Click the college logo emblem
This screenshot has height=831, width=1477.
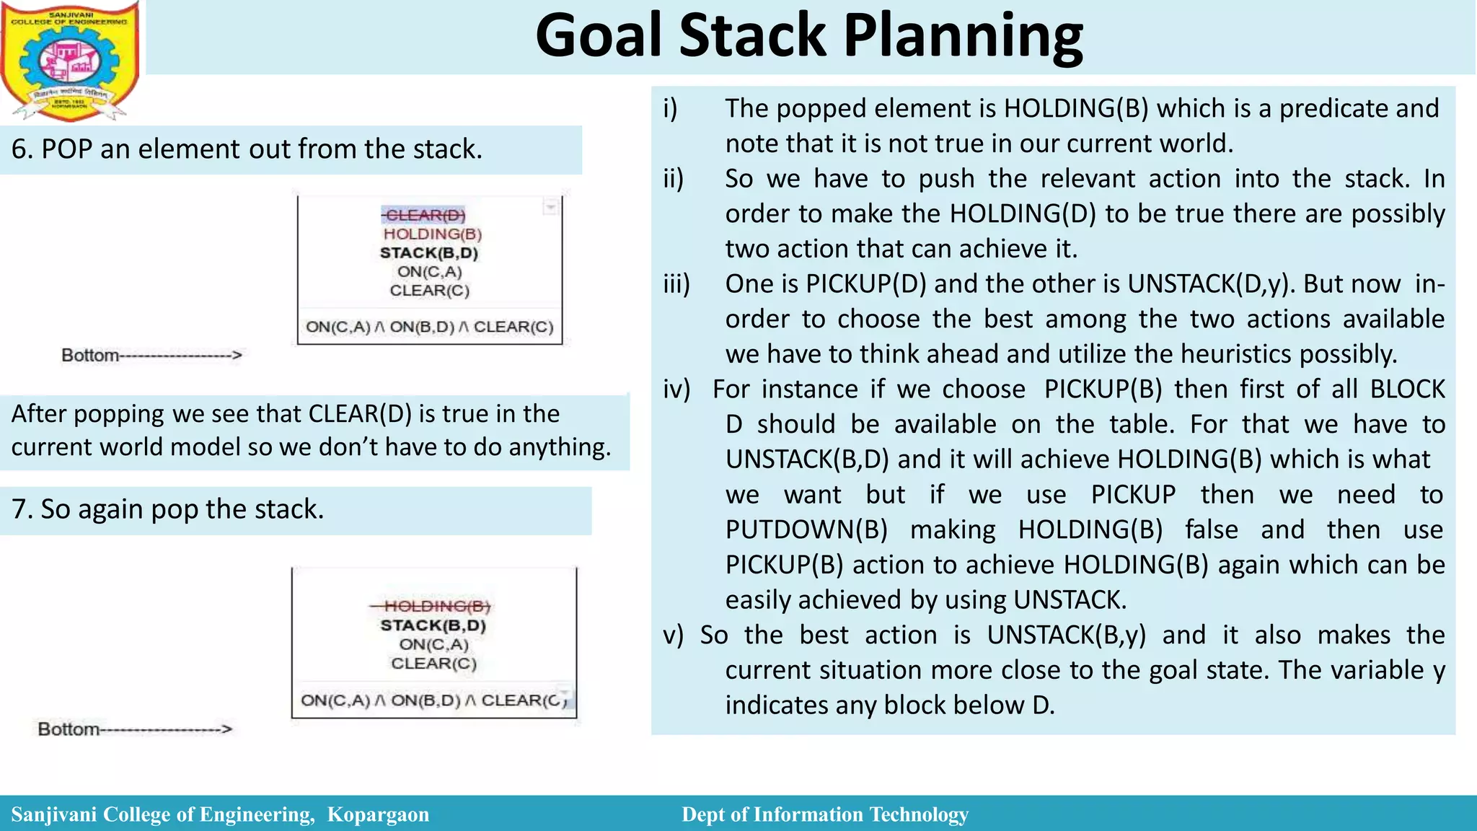[x=71, y=61]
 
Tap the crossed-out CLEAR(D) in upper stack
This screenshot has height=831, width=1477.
[x=424, y=215]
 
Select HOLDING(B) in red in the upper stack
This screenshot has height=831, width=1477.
[x=432, y=234]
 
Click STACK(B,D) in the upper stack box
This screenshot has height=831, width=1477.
[x=429, y=252]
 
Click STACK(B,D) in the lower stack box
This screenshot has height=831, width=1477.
[x=433, y=625]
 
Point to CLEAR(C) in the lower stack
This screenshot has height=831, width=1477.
[x=433, y=663]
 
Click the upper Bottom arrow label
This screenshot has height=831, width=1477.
[x=151, y=355]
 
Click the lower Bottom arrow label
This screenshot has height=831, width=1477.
[x=135, y=729]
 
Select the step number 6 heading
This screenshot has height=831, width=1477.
[x=247, y=149]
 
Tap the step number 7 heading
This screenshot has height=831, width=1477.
[x=168, y=509]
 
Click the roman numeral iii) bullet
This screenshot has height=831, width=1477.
[x=676, y=284]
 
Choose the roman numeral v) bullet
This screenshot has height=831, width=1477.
[x=673, y=636]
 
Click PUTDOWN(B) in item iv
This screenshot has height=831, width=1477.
[x=806, y=530]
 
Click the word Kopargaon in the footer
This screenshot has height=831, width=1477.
[x=378, y=814]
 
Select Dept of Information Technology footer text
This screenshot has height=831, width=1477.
[x=824, y=814]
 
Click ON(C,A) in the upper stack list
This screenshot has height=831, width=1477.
[x=429, y=272]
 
